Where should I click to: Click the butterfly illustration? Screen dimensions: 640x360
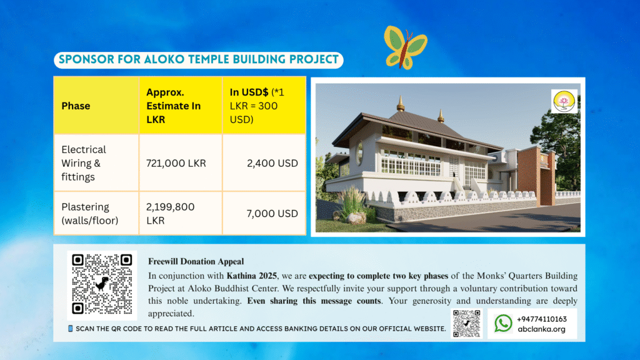(x=405, y=47)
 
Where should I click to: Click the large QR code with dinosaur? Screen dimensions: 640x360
(x=102, y=284)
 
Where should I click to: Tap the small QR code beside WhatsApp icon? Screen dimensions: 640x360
(x=466, y=323)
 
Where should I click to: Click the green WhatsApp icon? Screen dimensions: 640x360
(x=503, y=323)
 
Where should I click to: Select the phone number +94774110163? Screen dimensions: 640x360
(x=542, y=319)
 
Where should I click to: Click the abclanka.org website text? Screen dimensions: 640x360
(x=542, y=329)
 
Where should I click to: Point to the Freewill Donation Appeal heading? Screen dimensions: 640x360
(x=196, y=261)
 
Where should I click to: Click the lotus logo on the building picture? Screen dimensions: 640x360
(x=564, y=101)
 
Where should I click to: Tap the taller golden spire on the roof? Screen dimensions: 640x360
(x=401, y=104)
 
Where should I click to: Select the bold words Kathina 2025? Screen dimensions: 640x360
(x=252, y=276)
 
